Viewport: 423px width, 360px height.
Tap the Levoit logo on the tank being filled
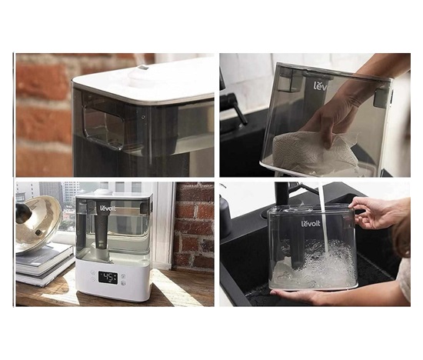[311, 223]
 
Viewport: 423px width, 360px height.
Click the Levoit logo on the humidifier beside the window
[108, 208]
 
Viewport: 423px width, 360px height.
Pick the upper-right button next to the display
[123, 276]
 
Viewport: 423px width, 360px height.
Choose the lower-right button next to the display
[123, 283]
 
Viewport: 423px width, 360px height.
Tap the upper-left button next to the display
[93, 272]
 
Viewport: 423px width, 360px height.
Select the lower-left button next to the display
[93, 279]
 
